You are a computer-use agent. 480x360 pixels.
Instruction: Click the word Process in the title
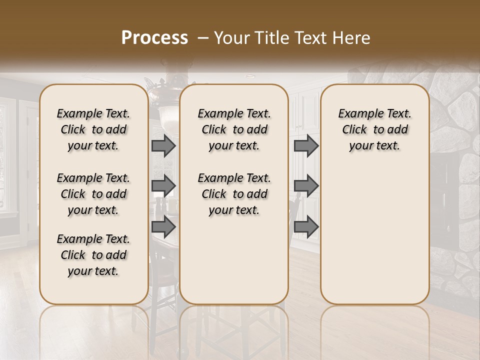154,38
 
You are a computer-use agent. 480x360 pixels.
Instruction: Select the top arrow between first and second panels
163,145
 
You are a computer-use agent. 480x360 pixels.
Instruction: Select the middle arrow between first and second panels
163,186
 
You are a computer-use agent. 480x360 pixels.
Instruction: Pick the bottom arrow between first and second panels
163,227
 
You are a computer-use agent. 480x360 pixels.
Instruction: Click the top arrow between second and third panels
306,145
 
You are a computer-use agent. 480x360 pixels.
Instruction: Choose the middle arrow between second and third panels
306,186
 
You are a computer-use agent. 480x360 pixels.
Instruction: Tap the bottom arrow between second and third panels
306,227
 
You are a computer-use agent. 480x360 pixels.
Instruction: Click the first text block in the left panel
93,129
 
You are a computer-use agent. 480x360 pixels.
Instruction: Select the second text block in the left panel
93,194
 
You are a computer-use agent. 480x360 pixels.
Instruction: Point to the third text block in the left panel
93,255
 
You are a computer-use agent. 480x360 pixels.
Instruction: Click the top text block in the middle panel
234,129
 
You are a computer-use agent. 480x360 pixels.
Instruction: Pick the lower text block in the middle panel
234,194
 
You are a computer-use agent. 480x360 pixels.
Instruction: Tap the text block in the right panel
374,129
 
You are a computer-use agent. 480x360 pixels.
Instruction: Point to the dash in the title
203,38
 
